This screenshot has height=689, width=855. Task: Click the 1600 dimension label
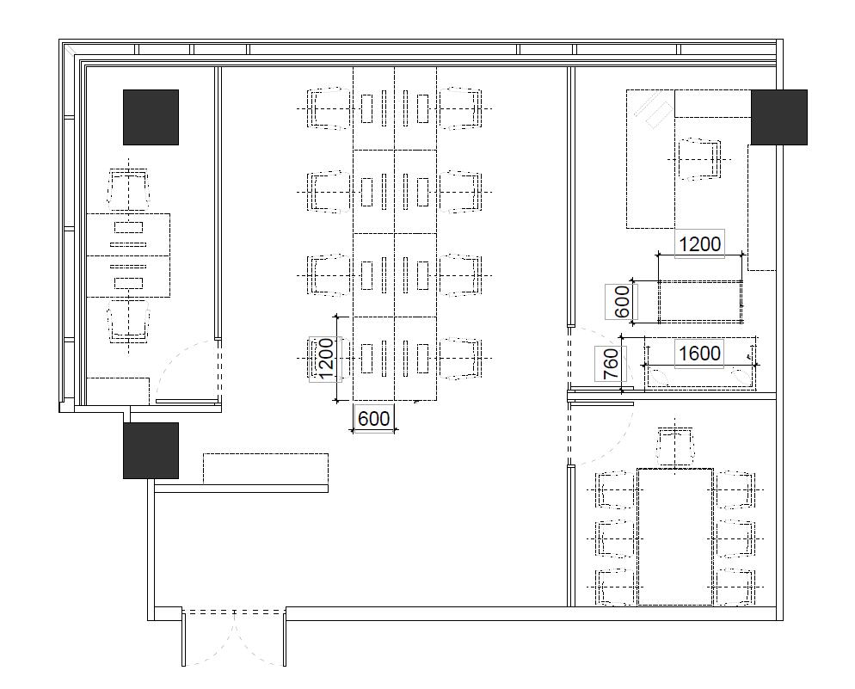tap(699, 354)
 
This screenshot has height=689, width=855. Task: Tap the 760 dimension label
tap(612, 364)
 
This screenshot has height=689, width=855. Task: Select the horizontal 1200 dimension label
tap(699, 243)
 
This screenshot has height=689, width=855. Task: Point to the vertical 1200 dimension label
tap(325, 359)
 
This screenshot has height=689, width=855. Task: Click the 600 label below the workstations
tap(373, 418)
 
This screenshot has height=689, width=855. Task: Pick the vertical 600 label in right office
tap(621, 301)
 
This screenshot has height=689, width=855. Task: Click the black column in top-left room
tap(151, 117)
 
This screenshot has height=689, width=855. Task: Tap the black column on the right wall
tap(779, 117)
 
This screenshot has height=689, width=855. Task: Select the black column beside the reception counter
tap(151, 451)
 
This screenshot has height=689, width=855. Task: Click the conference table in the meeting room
tap(675, 537)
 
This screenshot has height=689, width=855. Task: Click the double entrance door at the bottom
tap(234, 637)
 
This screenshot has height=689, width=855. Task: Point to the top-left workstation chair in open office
tap(329, 109)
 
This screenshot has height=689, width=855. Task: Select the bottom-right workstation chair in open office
tap(461, 358)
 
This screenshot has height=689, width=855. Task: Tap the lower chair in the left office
tap(129, 322)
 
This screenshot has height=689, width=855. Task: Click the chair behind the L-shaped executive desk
tap(699, 159)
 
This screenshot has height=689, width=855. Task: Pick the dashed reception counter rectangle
tap(266, 468)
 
